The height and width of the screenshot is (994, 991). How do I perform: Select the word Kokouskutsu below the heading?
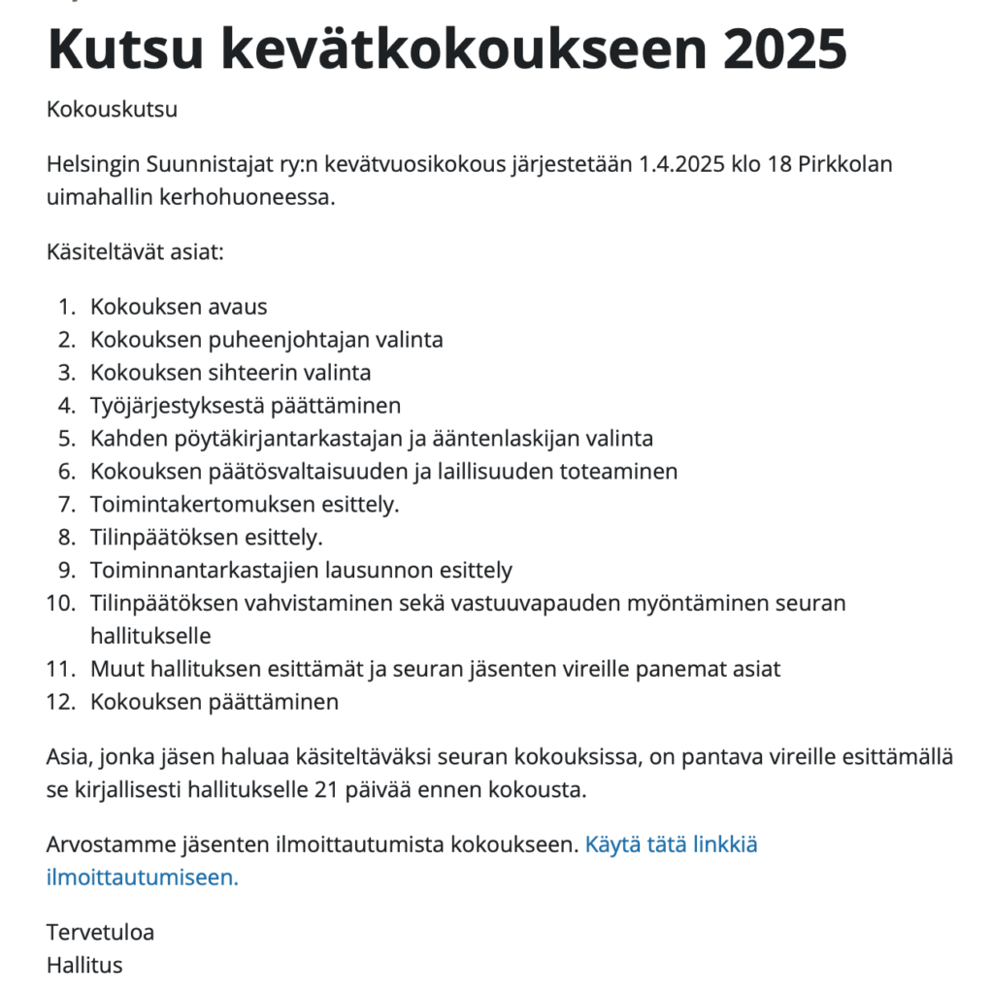pos(112,109)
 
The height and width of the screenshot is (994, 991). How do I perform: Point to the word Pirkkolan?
pos(845,163)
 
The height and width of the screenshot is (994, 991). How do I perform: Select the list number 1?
pos(66,307)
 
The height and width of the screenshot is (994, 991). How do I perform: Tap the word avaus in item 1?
pos(237,307)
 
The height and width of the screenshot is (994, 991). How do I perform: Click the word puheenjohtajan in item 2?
pos(290,340)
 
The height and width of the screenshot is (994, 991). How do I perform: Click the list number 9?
pos(66,571)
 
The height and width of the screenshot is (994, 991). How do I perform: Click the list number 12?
pos(61,703)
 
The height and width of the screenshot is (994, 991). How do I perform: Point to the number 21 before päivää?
pos(326,790)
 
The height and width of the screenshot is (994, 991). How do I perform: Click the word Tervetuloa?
pos(100,933)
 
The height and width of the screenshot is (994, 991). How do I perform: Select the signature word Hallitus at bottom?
pos(84,966)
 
